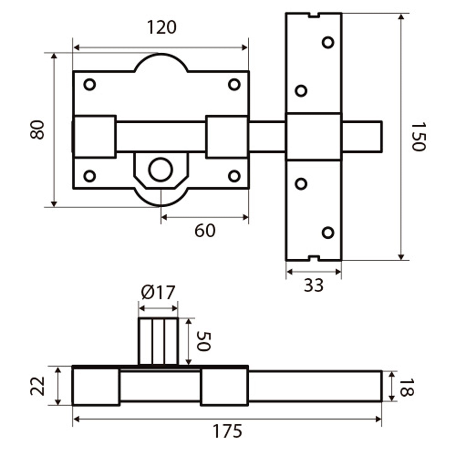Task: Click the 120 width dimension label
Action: pos(161,27)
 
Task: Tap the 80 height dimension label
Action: pos(37,130)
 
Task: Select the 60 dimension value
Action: pos(205,231)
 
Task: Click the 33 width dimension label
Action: pos(313,285)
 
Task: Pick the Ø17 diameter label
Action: pos(158,293)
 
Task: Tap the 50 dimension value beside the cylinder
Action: pos(203,341)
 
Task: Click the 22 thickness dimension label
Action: pos(38,386)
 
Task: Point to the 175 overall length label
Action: pos(227,431)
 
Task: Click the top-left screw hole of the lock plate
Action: pos(90,85)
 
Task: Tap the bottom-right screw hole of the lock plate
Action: pos(234,176)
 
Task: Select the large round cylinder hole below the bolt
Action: pos(161,169)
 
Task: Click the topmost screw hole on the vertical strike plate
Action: pos(328,42)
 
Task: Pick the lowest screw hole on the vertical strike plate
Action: pos(328,233)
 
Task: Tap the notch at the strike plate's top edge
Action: pos(314,15)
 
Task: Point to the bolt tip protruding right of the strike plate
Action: pos(362,136)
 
